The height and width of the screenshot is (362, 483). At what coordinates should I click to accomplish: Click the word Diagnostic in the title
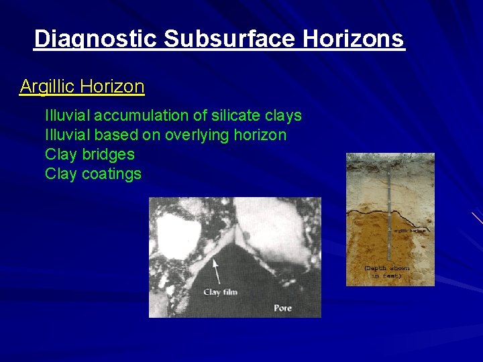pyautogui.click(x=96, y=40)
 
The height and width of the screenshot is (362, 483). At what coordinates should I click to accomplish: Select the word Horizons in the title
pyautogui.click(x=354, y=40)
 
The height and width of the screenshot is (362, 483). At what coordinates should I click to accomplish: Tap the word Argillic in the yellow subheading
pyautogui.click(x=47, y=86)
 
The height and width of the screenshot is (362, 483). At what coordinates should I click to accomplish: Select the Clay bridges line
pyautogui.click(x=89, y=154)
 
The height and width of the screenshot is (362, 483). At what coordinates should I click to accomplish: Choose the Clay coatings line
pyautogui.click(x=93, y=174)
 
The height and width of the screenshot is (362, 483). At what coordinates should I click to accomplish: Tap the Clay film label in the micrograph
pyautogui.click(x=221, y=292)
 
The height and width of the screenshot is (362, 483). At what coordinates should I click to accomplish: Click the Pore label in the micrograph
pyautogui.click(x=282, y=308)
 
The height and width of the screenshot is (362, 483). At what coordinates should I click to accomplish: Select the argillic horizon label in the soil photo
pyautogui.click(x=409, y=230)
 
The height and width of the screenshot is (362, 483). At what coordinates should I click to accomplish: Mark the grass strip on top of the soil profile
pyautogui.click(x=390, y=158)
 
